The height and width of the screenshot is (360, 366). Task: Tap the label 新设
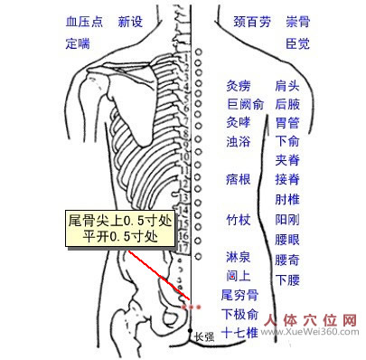130,20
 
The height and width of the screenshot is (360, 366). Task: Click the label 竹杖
239,219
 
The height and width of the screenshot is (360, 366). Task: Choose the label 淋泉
239,257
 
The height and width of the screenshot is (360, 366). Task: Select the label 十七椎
239,333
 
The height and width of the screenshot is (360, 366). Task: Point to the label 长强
204,337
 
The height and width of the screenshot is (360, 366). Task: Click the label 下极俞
239,314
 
